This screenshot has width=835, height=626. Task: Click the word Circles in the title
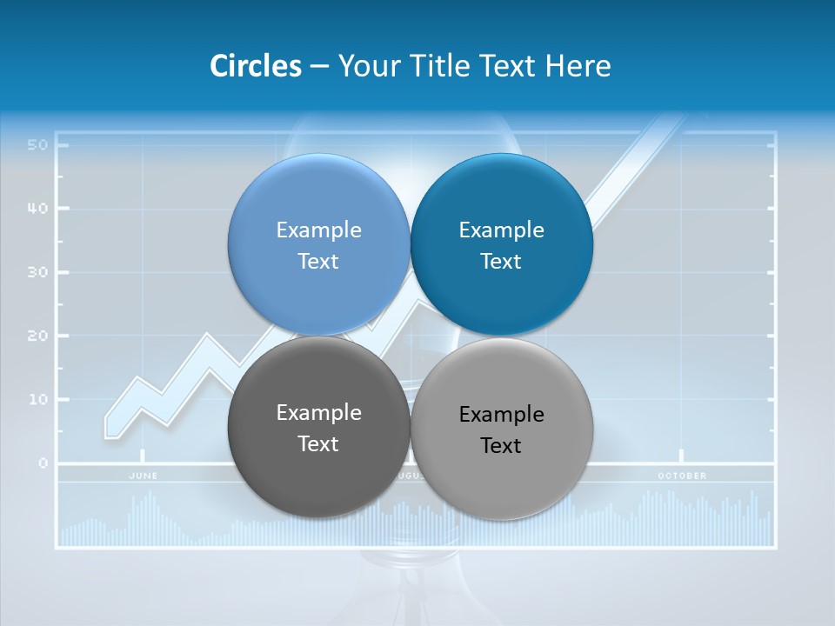[255, 66]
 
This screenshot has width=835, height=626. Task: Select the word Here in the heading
[578, 66]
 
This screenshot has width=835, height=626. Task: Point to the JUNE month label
[144, 476]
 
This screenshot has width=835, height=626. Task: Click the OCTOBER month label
[682, 476]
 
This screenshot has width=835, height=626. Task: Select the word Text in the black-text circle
[501, 446]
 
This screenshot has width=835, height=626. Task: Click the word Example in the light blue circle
[318, 230]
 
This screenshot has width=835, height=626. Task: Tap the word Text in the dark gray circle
[318, 444]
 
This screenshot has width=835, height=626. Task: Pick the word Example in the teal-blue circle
[501, 230]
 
